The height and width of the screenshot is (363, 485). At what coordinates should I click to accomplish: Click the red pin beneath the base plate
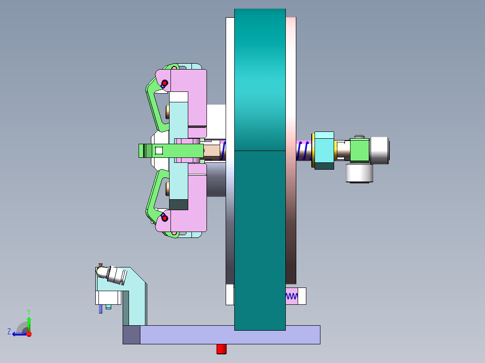[x=222, y=349]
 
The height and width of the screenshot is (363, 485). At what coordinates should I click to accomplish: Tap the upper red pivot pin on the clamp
[x=165, y=83]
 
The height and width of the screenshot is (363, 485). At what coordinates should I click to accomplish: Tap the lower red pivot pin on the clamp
[x=165, y=218]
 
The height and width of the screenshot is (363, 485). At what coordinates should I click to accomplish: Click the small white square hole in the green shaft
[x=159, y=150]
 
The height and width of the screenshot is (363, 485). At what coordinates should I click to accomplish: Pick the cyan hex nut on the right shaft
[x=324, y=150]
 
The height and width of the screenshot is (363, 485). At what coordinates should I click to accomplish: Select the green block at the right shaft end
[x=359, y=150]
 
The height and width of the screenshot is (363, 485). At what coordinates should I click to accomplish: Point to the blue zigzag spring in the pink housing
[x=291, y=296]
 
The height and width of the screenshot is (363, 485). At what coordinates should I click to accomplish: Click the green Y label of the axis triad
[x=28, y=312]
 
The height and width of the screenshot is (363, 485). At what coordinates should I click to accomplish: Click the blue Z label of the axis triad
[x=9, y=332]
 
